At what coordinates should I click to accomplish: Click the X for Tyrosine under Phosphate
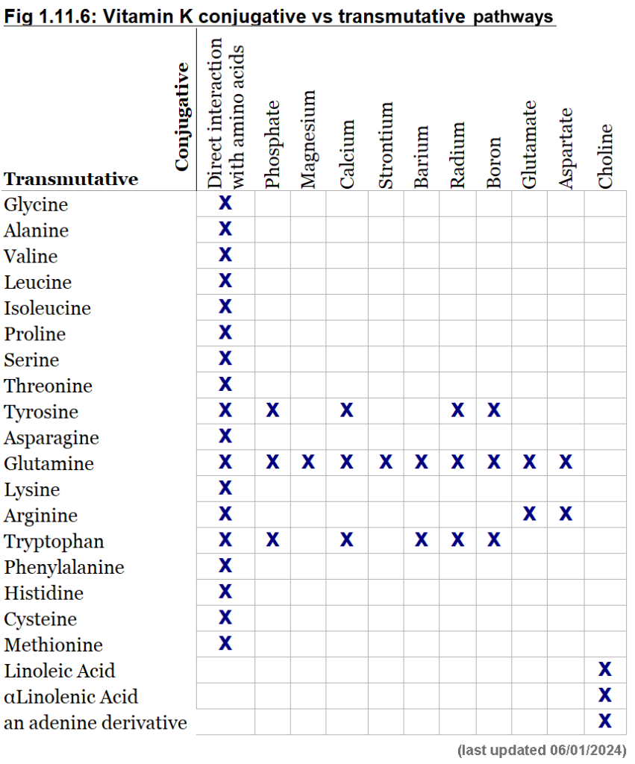(272, 410)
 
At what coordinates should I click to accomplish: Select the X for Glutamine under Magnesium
(308, 463)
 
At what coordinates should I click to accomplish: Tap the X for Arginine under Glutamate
(530, 514)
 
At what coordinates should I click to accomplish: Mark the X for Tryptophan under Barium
(422, 540)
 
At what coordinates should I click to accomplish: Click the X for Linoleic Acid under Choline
(605, 669)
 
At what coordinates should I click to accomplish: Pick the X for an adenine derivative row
(605, 721)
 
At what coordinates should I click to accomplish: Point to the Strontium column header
(385, 145)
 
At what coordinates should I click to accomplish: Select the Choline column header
(604, 156)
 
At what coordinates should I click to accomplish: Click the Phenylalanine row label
(64, 568)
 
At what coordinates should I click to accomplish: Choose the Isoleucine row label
(48, 308)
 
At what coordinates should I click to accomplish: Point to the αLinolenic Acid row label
(71, 697)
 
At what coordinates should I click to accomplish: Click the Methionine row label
(54, 645)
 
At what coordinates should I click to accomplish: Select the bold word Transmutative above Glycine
(71, 179)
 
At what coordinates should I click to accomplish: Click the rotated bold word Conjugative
(181, 117)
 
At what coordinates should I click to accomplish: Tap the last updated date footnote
(541, 750)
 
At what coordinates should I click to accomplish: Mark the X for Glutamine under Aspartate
(566, 463)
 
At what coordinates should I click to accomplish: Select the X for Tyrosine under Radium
(457, 410)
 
